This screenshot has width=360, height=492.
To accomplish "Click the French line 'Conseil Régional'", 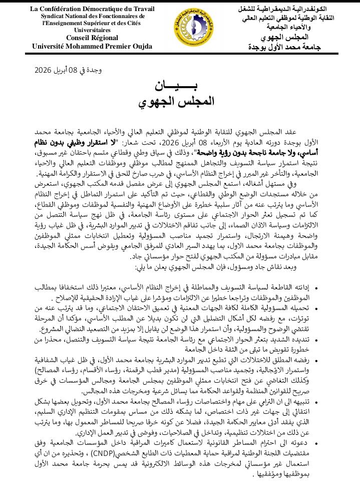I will coord(92,38).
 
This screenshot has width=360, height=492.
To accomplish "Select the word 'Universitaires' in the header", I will coord(93,30).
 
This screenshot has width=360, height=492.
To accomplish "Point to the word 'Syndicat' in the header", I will coord(55,16).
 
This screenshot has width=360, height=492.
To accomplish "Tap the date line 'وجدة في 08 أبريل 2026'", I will coord(68,70).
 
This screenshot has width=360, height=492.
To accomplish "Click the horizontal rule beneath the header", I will coord(180,53).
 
